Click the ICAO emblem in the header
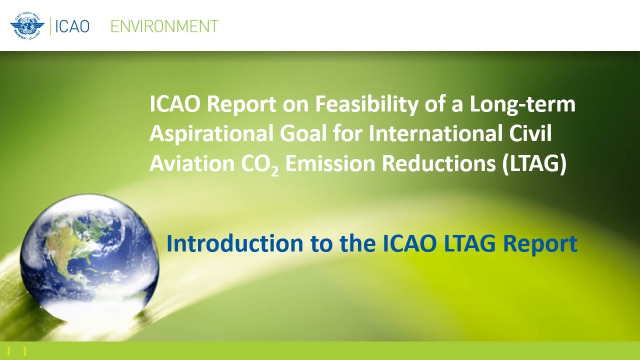[x=27, y=26]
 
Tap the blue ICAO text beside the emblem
[x=72, y=26]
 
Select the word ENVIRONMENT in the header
[x=164, y=26]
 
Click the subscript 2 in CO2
[x=275, y=171]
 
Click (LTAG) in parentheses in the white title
[x=534, y=164]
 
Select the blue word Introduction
[x=234, y=243]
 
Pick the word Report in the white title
[x=241, y=104]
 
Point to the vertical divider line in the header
[x=50, y=26]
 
